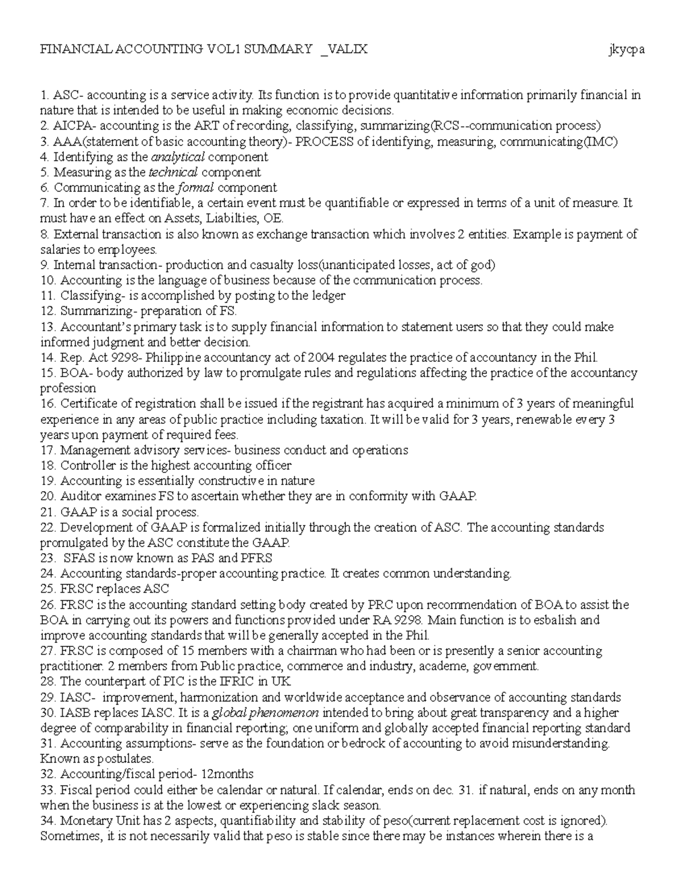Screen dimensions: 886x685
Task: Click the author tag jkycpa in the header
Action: (626, 50)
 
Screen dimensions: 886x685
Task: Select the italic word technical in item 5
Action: (173, 172)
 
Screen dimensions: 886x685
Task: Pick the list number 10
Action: (47, 281)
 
